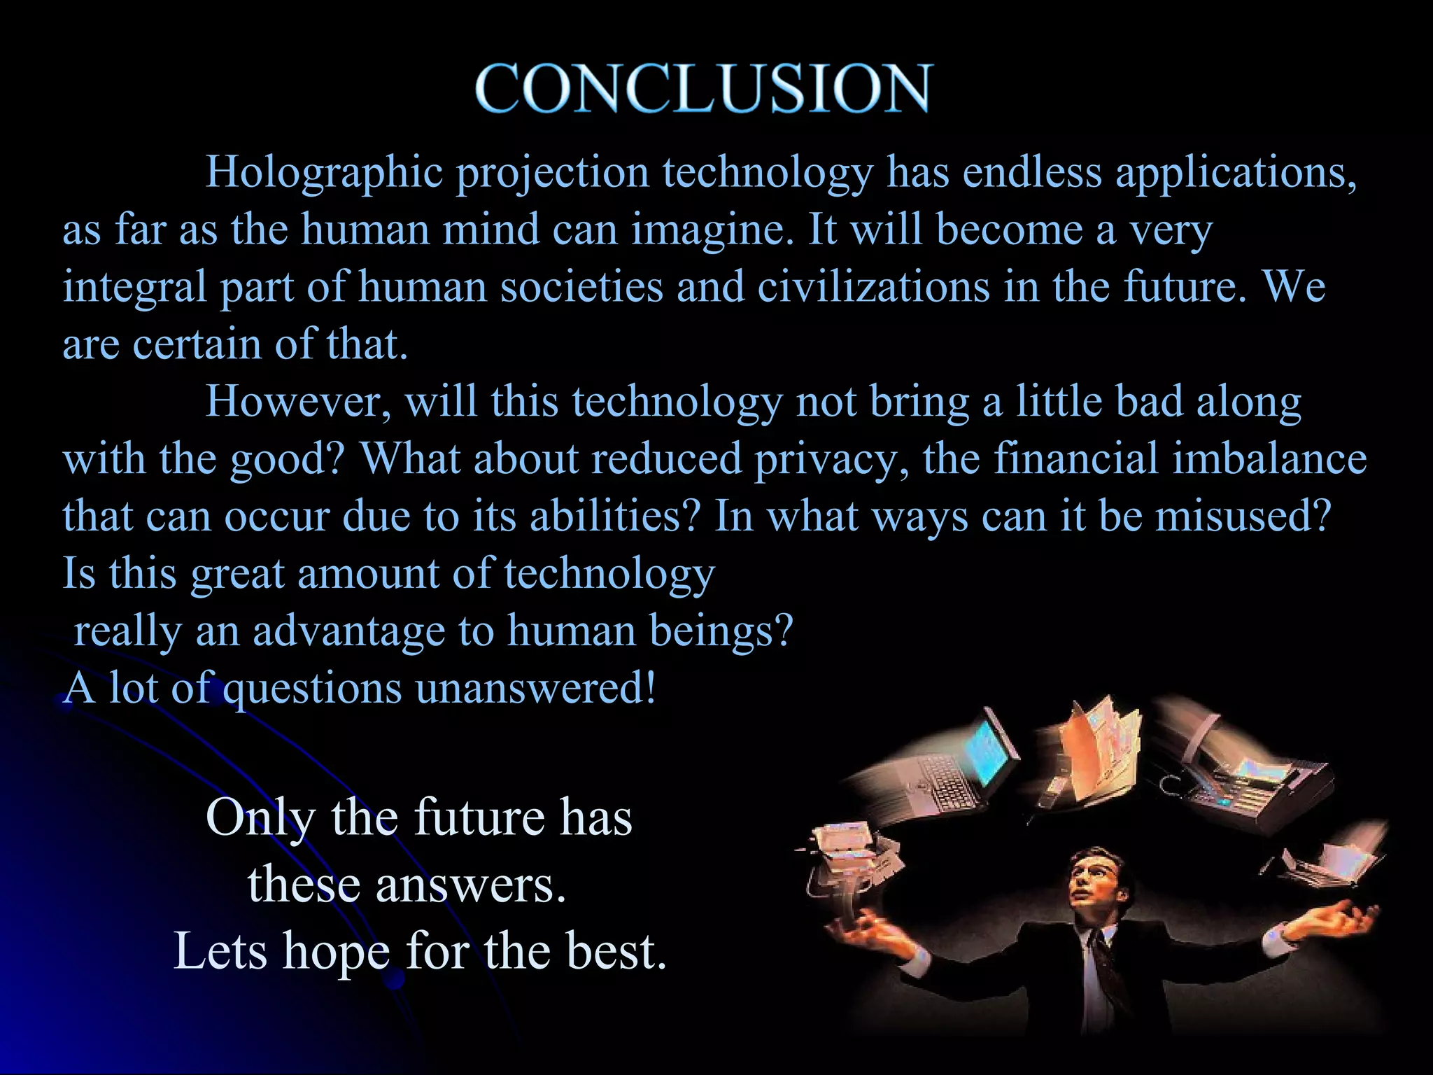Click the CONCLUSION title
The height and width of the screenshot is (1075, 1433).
[x=703, y=88]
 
